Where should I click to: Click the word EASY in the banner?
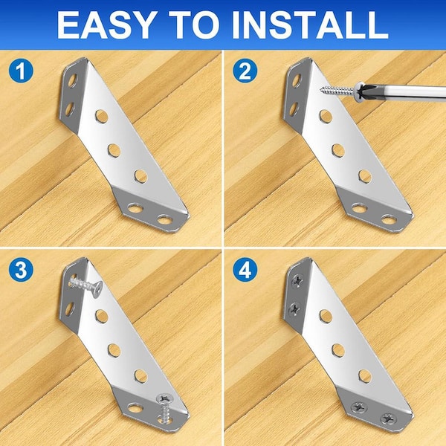click(x=106, y=25)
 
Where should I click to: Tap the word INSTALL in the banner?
click(x=310, y=25)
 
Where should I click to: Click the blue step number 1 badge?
click(x=21, y=71)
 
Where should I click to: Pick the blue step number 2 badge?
click(x=245, y=71)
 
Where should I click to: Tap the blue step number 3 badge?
click(x=21, y=270)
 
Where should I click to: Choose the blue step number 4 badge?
click(x=245, y=270)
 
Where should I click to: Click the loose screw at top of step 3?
click(x=86, y=285)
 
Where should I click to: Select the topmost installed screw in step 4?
click(x=297, y=281)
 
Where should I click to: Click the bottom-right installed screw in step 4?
click(x=389, y=418)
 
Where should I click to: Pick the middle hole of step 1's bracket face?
click(x=114, y=150)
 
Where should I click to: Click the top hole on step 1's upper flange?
click(x=72, y=80)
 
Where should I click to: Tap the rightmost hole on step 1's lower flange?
click(x=165, y=219)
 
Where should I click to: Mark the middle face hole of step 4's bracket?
click(x=338, y=350)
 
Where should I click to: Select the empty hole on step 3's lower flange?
click(x=135, y=408)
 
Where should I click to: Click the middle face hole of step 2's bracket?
click(x=338, y=150)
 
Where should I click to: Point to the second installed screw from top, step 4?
click(x=294, y=309)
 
